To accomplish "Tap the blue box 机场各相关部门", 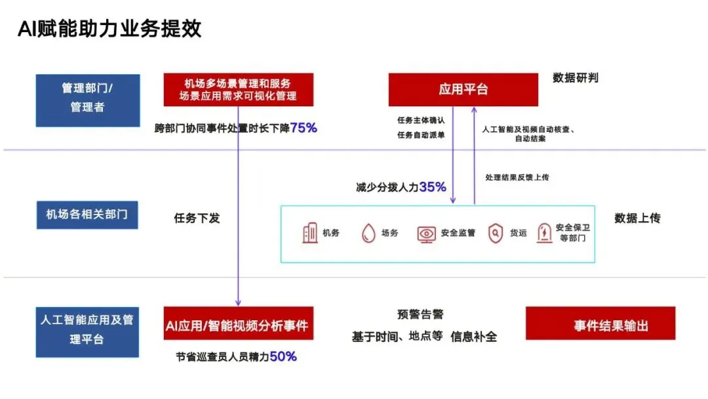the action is [x=87, y=215].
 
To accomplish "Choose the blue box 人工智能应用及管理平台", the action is [x=87, y=330].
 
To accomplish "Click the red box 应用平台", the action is [x=463, y=89].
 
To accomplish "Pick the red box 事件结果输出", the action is [x=600, y=324].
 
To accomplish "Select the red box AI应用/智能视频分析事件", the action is [x=238, y=324].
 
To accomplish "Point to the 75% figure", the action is [x=304, y=128].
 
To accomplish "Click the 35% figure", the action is [x=433, y=187].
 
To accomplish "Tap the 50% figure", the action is [x=283, y=356].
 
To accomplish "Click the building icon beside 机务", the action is [x=310, y=233].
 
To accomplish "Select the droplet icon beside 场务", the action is [x=368, y=234].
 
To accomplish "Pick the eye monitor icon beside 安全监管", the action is [x=426, y=234].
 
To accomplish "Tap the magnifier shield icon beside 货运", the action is [x=496, y=233].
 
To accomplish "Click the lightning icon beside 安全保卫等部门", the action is [x=543, y=233].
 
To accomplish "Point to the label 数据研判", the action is [x=575, y=78].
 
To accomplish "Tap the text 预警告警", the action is [x=420, y=315].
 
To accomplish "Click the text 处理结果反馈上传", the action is [x=517, y=177].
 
